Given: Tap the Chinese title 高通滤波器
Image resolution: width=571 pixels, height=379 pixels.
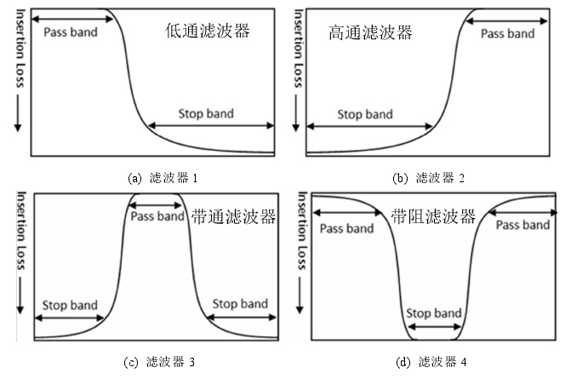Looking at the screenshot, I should pyautogui.click(x=370, y=33).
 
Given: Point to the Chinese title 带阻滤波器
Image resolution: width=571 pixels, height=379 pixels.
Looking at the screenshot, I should pyautogui.click(x=434, y=216).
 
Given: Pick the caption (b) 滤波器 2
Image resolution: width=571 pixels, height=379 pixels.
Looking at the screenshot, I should pyautogui.click(x=430, y=178).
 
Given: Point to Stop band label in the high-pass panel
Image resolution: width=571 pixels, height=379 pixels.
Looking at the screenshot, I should pyautogui.click(x=365, y=114).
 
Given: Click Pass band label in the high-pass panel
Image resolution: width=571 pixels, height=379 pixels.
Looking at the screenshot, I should pyautogui.click(x=508, y=33).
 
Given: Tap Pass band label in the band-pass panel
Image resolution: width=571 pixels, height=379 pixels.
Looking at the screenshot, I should pyautogui.click(x=157, y=216).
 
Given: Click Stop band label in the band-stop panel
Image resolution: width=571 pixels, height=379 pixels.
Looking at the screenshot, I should pyautogui.click(x=434, y=313).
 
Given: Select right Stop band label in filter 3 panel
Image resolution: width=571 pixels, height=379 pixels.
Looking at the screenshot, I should pyautogui.click(x=239, y=304).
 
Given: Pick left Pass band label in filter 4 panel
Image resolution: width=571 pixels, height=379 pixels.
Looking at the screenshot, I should pyautogui.click(x=345, y=228).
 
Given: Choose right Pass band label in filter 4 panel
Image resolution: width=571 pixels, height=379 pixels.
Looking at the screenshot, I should pyautogui.click(x=522, y=225).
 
